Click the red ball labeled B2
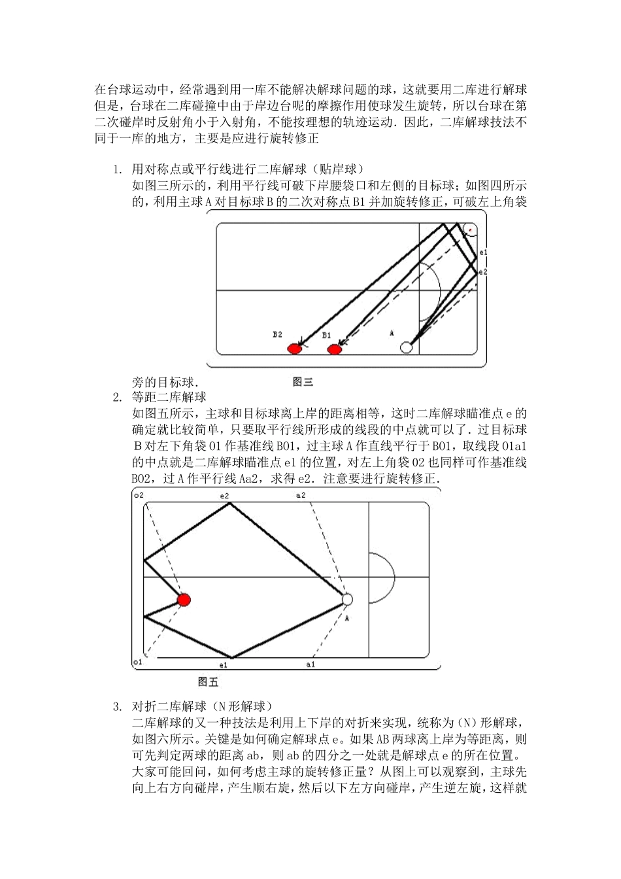click(x=294, y=349)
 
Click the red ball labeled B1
click(x=335, y=349)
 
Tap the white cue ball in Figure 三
click(x=406, y=347)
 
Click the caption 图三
click(x=303, y=382)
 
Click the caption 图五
click(x=208, y=682)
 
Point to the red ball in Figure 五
click(x=184, y=600)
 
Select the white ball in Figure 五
click(x=347, y=599)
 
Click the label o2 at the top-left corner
click(x=138, y=496)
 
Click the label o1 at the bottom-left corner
click(x=137, y=663)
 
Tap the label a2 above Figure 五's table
click(x=300, y=496)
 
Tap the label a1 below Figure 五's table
click(x=310, y=664)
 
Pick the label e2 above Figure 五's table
click(x=224, y=496)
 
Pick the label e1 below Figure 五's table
click(x=223, y=665)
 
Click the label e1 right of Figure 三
click(x=483, y=251)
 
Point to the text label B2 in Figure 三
click(x=278, y=334)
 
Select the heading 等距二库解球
click(x=169, y=397)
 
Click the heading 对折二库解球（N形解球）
click(x=203, y=707)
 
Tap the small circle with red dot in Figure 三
click(x=469, y=230)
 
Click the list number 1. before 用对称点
click(x=118, y=170)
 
